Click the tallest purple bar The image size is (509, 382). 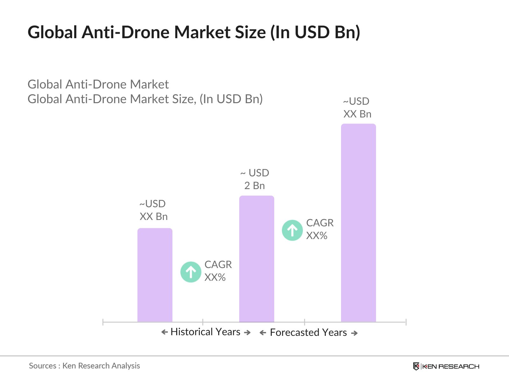pyautogui.click(x=358, y=223)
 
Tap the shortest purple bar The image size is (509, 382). pyautogui.click(x=155, y=275)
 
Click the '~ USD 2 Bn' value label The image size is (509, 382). pyautogui.click(x=255, y=179)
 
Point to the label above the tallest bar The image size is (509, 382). pyautogui.click(x=357, y=108)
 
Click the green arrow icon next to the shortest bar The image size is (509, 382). pyautogui.click(x=191, y=272)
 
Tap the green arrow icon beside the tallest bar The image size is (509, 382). pyautogui.click(x=292, y=230)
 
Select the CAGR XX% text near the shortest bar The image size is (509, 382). pyautogui.click(x=218, y=271)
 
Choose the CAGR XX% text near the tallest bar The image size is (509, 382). pyautogui.click(x=320, y=229)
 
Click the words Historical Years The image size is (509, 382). pyautogui.click(x=205, y=332)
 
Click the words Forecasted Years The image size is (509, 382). pyautogui.click(x=308, y=333)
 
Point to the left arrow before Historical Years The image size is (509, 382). pyautogui.click(x=164, y=332)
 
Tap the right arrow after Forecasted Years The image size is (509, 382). pyautogui.click(x=354, y=333)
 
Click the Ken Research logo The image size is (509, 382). pyautogui.click(x=446, y=366)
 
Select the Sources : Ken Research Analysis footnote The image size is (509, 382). pyautogui.click(x=84, y=366)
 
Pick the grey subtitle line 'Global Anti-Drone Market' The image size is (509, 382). pyautogui.click(x=98, y=84)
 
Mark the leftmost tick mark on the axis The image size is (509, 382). pyautogui.click(x=103, y=322)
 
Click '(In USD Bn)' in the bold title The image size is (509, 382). pyautogui.click(x=315, y=32)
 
